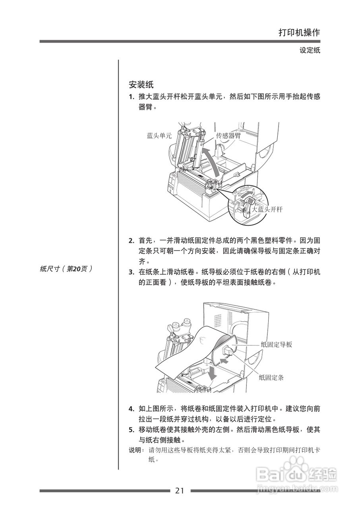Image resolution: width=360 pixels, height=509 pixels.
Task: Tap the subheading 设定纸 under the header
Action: coord(310,51)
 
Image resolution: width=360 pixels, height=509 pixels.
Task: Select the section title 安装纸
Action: coord(141,85)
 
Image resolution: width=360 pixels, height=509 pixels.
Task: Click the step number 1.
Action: coord(131,97)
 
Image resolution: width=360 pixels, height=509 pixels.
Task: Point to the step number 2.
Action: coord(131,241)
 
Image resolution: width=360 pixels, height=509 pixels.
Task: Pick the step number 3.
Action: coord(131,273)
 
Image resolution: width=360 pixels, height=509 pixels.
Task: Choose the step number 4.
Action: coord(131,409)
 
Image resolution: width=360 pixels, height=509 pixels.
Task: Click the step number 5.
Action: coord(131,430)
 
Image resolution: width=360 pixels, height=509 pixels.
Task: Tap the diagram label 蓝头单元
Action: coord(159,136)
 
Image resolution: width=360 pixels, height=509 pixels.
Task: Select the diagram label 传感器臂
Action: coord(228,136)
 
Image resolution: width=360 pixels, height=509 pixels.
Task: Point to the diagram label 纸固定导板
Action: coord(277,345)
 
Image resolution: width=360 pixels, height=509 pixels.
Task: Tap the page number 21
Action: coord(180,491)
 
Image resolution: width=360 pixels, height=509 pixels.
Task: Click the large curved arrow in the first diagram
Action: coord(211,161)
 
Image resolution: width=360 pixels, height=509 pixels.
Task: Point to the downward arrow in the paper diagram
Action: coord(213,372)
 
